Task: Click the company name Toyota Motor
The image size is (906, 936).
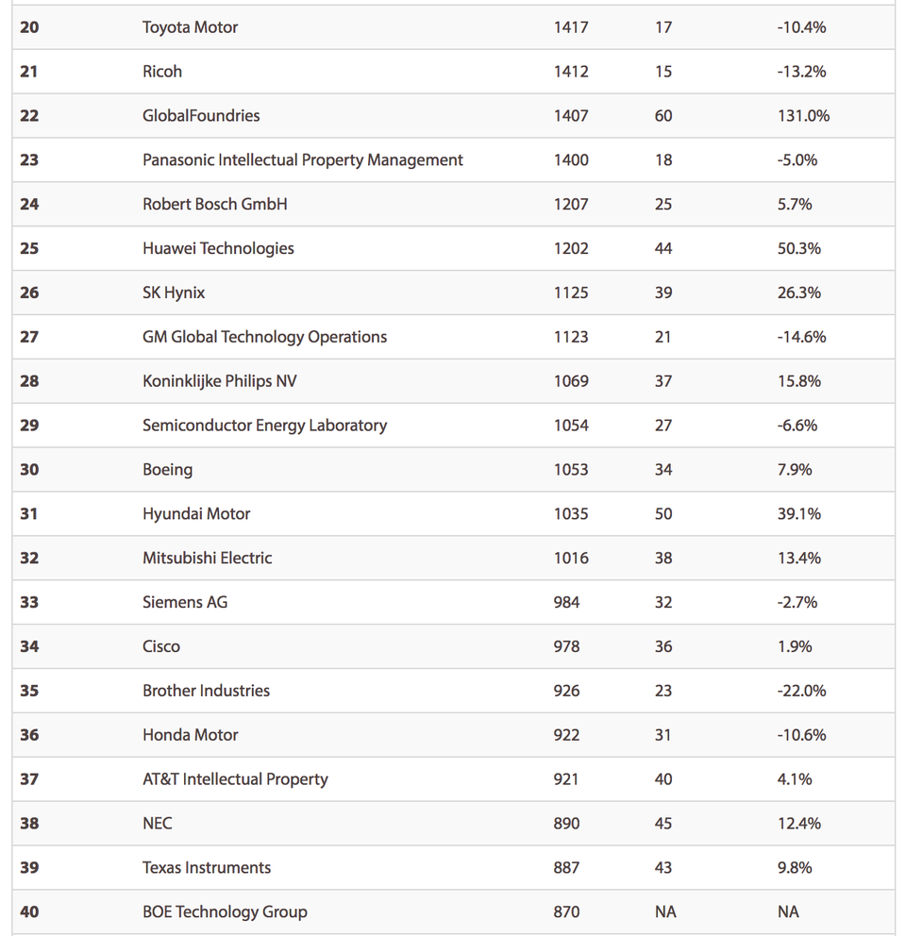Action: [190, 27]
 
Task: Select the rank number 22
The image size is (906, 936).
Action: [29, 116]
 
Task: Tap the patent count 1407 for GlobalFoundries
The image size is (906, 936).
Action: [571, 116]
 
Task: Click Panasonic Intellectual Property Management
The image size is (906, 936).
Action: [302, 160]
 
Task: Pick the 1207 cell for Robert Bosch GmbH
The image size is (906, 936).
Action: [571, 205]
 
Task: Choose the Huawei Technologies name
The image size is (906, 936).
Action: [218, 249]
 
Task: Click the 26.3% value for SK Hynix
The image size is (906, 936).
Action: [799, 293]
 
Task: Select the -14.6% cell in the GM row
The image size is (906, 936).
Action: [801, 337]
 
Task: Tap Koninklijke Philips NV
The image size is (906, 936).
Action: [220, 381]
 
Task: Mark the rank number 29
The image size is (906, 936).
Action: [29, 426]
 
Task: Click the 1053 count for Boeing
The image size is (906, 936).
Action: [571, 470]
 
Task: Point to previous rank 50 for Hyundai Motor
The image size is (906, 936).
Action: [663, 514]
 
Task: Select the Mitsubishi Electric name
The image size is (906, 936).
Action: [207, 559]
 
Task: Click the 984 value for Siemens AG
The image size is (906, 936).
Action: [566, 603]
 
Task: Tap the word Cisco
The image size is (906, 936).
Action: [161, 647]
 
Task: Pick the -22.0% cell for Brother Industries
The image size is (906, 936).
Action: [801, 692]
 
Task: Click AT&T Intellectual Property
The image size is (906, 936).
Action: [235, 779]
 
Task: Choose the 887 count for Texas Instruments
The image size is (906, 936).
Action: [566, 868]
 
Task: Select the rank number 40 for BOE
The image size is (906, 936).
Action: [29, 912]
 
